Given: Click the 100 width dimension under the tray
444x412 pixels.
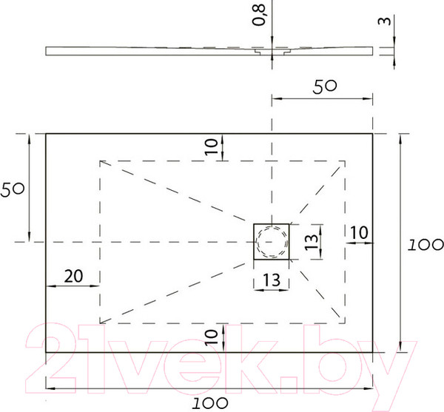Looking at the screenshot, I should (x=211, y=402).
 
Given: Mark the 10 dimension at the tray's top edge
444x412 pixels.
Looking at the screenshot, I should (x=212, y=147).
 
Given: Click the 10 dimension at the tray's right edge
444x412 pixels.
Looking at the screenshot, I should (x=358, y=232).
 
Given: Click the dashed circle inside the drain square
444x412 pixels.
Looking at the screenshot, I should (x=271, y=241).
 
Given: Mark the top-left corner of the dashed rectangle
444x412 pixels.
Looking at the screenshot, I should (x=99, y=161).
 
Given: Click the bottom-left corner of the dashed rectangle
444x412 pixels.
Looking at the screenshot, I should (x=99, y=323).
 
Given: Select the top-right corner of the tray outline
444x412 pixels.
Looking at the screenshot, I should (x=373, y=133).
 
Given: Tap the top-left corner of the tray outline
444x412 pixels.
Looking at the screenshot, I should (x=46, y=133).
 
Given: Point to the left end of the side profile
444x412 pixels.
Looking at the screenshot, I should (x=47, y=51).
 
